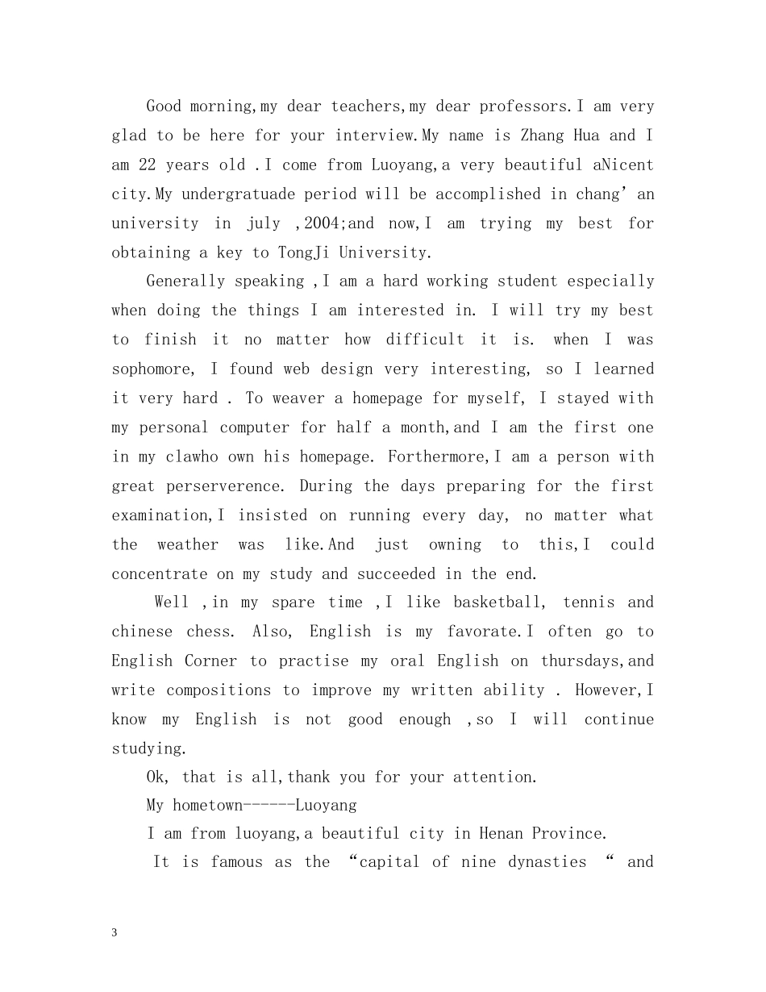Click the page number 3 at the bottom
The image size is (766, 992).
coord(114,933)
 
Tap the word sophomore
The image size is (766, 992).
coord(152,369)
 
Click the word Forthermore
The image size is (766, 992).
coord(436,456)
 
